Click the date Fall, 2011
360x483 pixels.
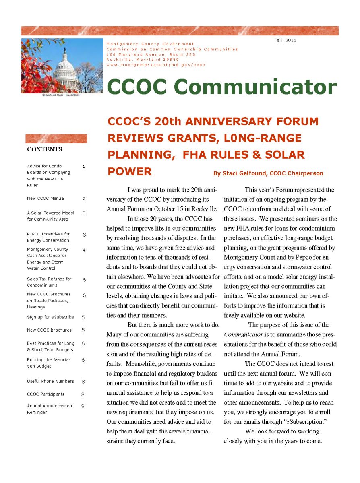[285, 40]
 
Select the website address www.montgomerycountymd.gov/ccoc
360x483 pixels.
[156, 65]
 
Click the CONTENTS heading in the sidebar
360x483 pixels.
[45, 149]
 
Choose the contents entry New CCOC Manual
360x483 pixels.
[46, 198]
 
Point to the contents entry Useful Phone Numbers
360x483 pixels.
[50, 381]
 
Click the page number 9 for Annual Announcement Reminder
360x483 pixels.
[83, 406]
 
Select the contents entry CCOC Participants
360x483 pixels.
[46, 394]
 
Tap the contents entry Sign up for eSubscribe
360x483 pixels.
[50, 317]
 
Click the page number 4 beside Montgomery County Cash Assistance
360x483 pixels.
[84, 250]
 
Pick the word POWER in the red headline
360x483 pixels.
[129, 172]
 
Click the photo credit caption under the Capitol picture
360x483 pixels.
[60, 95]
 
